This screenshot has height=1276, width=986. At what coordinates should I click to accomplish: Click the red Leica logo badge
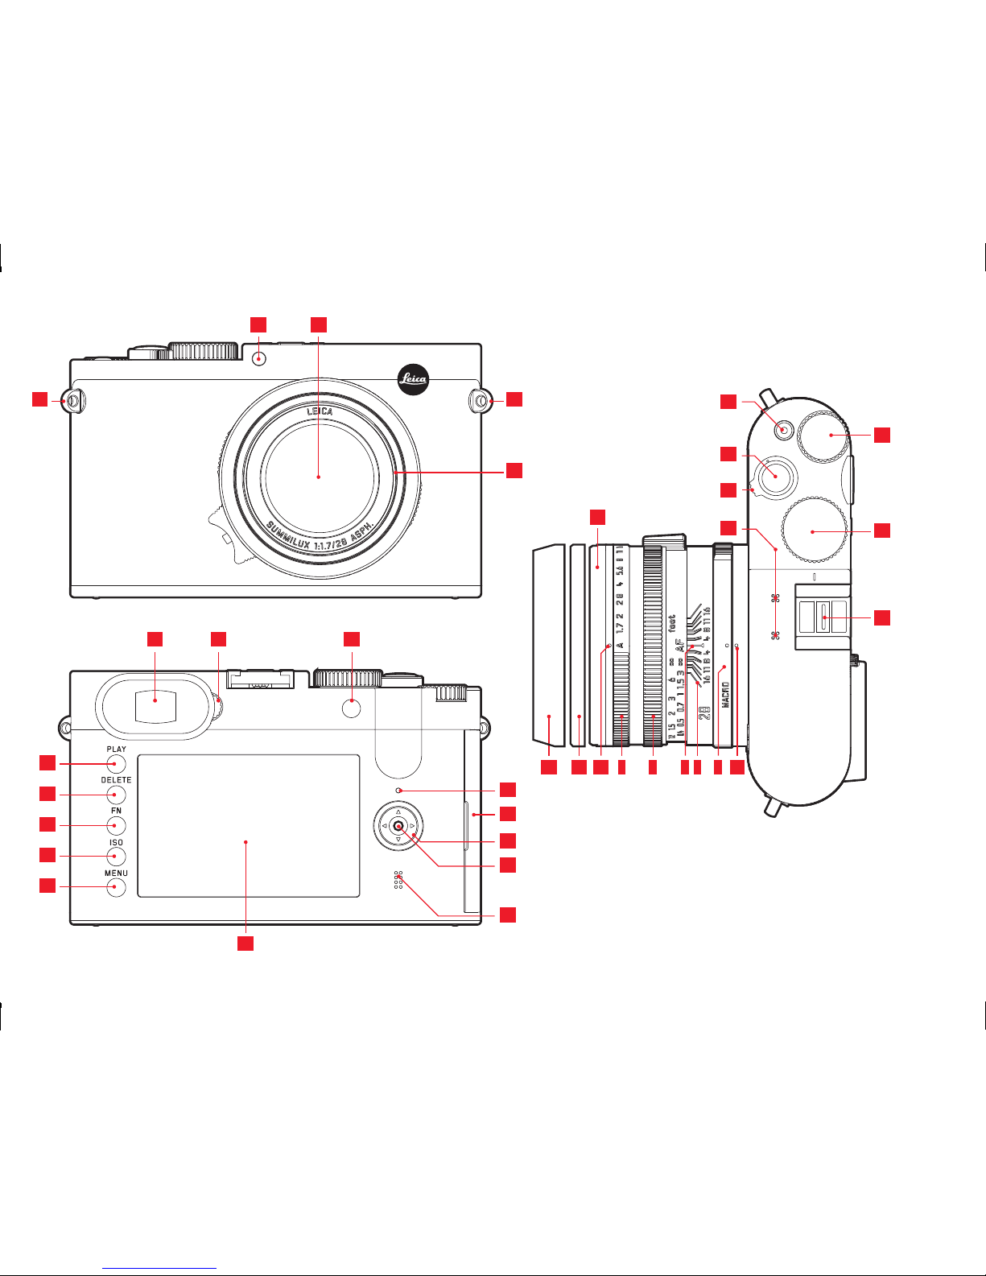413,379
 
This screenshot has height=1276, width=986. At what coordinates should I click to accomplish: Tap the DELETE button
117,795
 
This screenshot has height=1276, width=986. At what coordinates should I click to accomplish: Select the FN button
117,826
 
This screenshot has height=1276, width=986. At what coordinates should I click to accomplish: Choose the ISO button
117,857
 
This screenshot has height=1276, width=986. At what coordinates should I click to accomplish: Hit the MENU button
117,887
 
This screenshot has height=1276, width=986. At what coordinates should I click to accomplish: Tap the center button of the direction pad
398,826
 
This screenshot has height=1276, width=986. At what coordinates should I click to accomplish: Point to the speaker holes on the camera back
398,880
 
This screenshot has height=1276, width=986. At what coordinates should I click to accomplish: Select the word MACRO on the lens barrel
725,695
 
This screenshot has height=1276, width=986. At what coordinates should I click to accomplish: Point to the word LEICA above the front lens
320,411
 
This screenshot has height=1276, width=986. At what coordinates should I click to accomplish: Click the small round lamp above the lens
258,358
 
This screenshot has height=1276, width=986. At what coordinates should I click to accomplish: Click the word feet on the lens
672,623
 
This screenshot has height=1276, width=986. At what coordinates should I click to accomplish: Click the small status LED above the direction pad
398,791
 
